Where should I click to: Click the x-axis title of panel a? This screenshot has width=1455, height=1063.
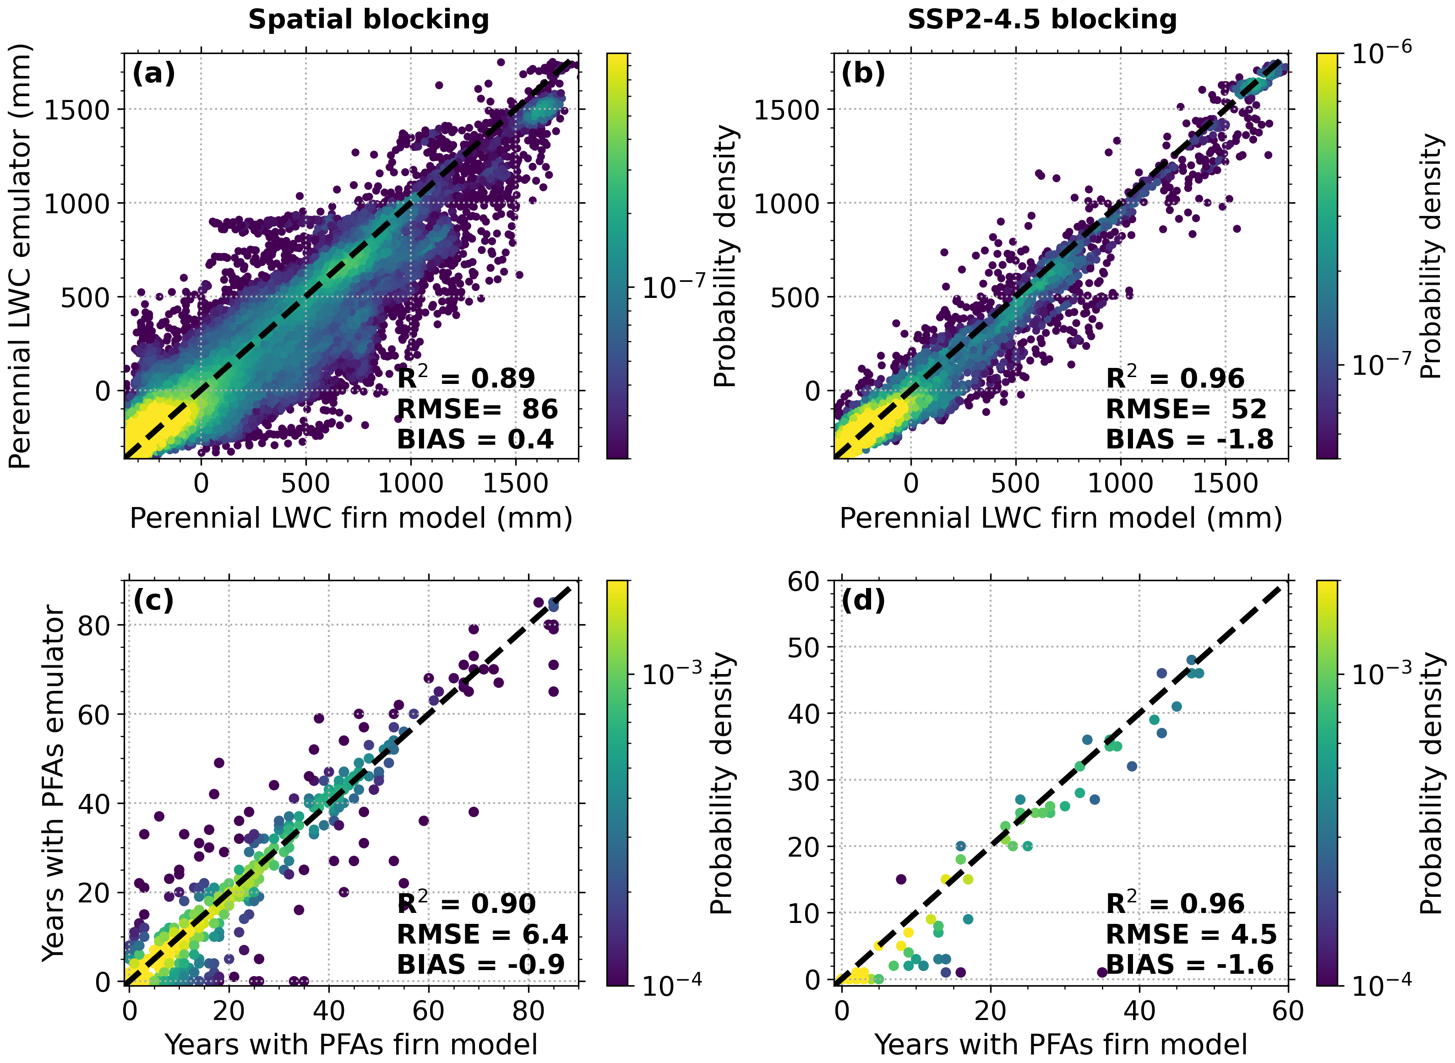[351, 518]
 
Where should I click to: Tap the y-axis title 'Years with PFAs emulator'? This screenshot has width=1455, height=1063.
[54, 784]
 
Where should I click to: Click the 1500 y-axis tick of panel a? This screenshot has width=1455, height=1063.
[76, 109]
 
